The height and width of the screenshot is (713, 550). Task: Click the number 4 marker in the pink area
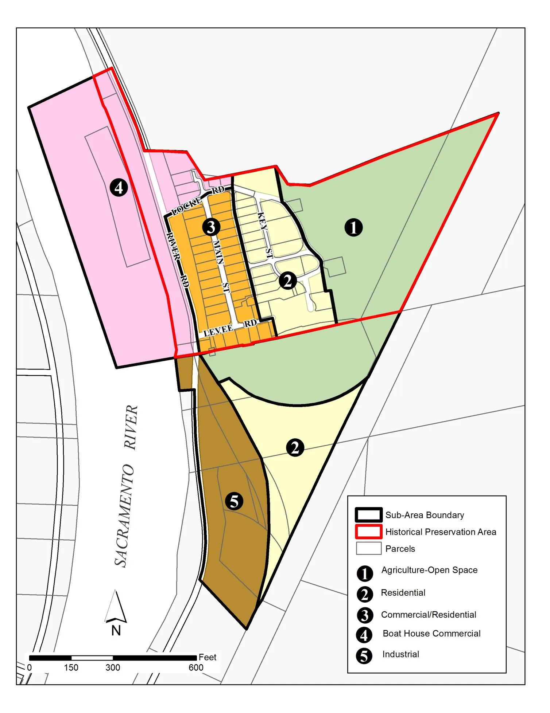click(x=119, y=188)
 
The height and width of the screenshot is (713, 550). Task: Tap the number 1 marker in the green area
click(x=353, y=227)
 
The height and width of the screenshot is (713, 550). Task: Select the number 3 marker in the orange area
click(x=211, y=227)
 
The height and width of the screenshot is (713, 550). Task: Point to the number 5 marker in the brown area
click(x=234, y=501)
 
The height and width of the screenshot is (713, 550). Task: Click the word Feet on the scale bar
click(x=207, y=657)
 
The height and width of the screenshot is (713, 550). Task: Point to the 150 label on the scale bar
click(x=71, y=667)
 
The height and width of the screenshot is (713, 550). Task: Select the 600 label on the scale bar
click(x=196, y=667)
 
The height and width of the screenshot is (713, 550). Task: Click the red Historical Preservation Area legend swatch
click(x=369, y=532)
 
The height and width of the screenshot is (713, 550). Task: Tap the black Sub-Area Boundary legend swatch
click(x=369, y=515)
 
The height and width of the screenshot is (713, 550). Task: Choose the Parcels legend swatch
click(x=369, y=548)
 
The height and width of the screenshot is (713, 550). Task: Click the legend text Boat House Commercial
click(x=431, y=634)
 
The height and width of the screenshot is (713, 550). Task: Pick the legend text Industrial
click(x=400, y=654)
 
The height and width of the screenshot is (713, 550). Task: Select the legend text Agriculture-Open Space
click(x=429, y=570)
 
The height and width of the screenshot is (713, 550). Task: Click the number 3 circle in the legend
click(x=364, y=615)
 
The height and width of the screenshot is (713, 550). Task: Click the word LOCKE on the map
click(x=187, y=205)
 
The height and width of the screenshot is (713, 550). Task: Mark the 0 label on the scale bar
click(x=29, y=667)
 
